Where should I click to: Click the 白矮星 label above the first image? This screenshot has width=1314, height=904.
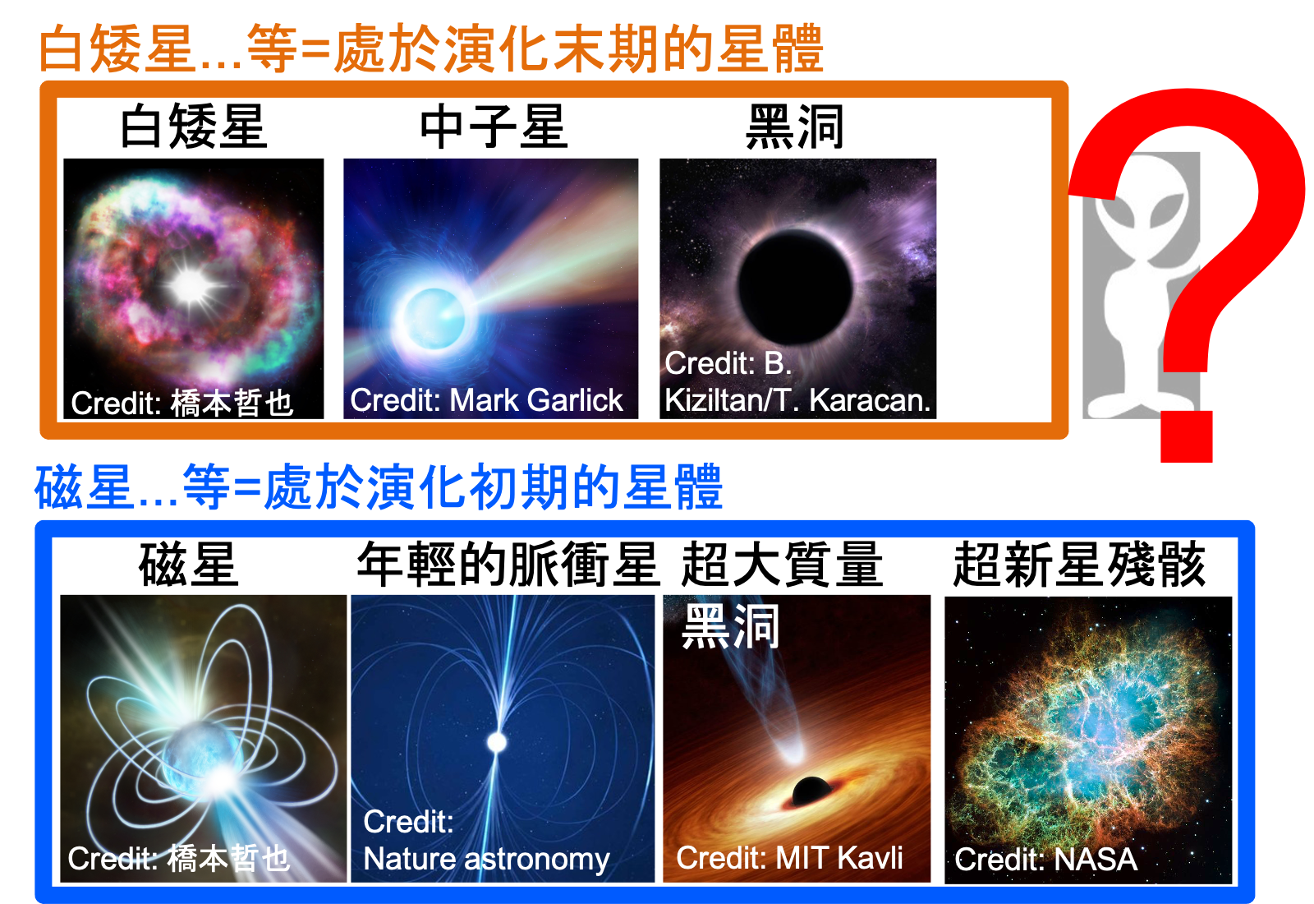click(x=193, y=126)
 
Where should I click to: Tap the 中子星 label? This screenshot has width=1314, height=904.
click(x=494, y=126)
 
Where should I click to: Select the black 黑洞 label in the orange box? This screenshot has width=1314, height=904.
click(x=794, y=126)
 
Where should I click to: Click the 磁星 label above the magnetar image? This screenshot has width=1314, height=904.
click(x=188, y=564)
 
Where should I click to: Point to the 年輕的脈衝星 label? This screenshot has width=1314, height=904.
click(x=508, y=564)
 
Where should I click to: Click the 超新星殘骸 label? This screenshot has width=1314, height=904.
click(x=1079, y=564)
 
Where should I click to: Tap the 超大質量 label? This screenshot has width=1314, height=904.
click(x=782, y=564)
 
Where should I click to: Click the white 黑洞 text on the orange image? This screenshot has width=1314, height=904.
click(x=730, y=626)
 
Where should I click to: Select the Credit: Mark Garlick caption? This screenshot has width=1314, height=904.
click(x=486, y=400)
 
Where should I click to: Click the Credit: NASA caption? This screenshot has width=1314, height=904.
click(x=1046, y=860)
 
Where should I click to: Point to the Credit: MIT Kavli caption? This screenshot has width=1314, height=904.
click(x=789, y=858)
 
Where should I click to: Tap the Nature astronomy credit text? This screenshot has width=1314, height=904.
click(x=486, y=859)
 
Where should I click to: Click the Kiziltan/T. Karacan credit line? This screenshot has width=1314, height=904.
click(x=797, y=400)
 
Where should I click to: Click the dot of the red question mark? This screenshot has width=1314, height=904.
click(x=1187, y=436)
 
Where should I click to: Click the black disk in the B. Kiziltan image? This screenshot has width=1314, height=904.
click(x=795, y=287)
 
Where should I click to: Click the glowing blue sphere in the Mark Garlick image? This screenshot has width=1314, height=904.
click(x=434, y=319)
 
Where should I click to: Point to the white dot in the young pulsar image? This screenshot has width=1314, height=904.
click(x=497, y=743)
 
